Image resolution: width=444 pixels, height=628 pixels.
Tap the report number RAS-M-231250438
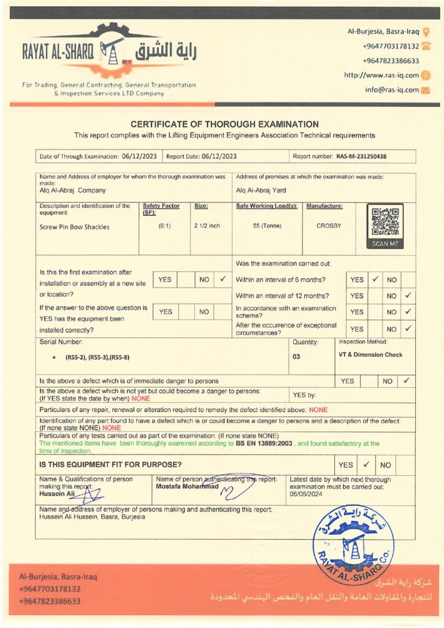361,156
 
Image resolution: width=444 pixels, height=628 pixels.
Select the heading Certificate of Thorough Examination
224,124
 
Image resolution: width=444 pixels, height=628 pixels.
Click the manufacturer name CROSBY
329,226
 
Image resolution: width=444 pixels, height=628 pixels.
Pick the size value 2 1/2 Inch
207,226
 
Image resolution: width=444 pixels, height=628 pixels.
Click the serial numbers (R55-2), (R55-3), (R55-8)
98,356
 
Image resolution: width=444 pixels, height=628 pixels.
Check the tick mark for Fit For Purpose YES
366,464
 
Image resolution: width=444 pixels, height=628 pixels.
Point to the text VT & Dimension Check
369,354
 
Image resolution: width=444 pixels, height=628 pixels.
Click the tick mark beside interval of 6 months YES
375,279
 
